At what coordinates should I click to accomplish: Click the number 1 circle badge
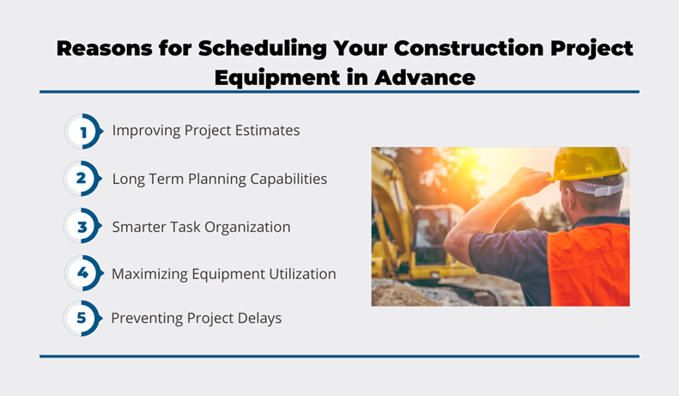point(84,131)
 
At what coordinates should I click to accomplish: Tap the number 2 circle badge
point(82,179)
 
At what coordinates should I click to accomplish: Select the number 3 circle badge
point(82,226)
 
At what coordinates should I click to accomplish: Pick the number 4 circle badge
point(84,273)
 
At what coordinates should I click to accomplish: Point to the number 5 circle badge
point(82,319)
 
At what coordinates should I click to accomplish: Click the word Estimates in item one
point(268,131)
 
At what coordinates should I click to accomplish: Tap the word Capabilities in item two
point(288,180)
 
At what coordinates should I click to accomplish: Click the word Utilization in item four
point(302,274)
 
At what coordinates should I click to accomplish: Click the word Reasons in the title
point(105,48)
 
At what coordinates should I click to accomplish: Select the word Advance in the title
point(425,78)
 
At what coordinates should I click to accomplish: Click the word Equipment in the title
point(277,78)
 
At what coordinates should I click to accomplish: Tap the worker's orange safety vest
point(589,265)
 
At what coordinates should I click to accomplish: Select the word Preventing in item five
point(147,319)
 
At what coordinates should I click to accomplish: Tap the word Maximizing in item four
point(150,274)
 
